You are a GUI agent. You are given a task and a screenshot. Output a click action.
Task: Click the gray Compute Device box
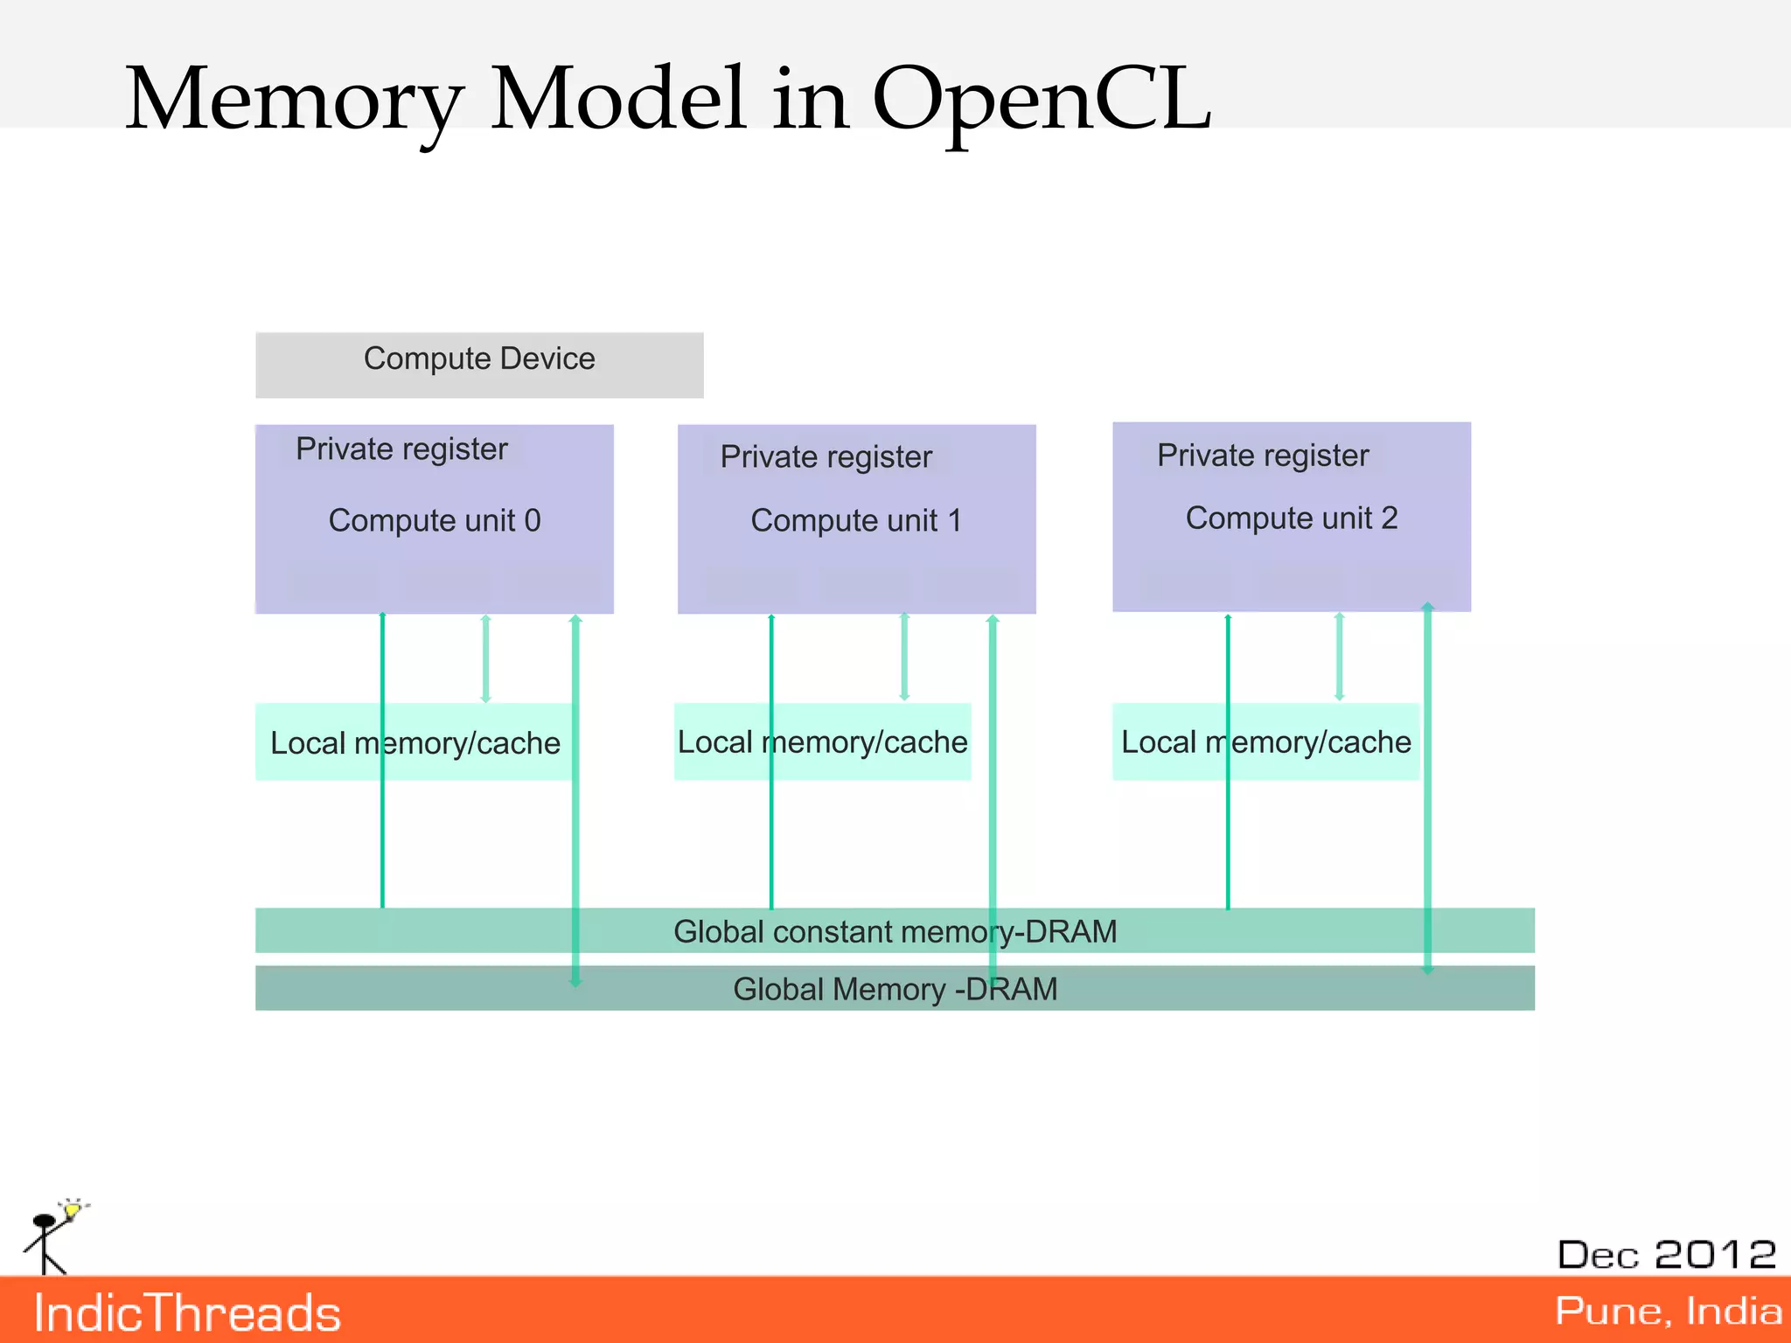click(x=479, y=365)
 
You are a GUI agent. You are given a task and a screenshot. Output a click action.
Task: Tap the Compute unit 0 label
click(x=435, y=520)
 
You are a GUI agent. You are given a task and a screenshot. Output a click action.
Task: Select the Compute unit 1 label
click(x=856, y=520)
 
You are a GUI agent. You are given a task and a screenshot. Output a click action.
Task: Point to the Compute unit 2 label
click(x=1292, y=518)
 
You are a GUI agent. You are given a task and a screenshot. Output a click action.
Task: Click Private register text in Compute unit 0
click(x=401, y=449)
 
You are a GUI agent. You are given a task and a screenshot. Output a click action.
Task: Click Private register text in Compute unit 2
click(x=1263, y=455)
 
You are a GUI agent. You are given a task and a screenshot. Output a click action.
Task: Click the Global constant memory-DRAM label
click(x=895, y=931)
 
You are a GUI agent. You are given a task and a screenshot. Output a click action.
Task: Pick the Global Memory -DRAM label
click(x=895, y=989)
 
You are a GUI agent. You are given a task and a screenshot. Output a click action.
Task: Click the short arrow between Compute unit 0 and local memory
click(x=486, y=658)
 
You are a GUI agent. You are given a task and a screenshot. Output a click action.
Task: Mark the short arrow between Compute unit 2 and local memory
click(x=1339, y=656)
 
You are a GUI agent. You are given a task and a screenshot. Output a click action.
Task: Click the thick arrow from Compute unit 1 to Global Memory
click(x=993, y=787)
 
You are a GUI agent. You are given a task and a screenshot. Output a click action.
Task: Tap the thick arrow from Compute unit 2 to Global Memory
click(x=1427, y=787)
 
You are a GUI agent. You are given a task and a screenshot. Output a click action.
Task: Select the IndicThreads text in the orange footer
click(x=187, y=1313)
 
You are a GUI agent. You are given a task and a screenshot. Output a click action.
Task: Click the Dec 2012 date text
click(x=1667, y=1255)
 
